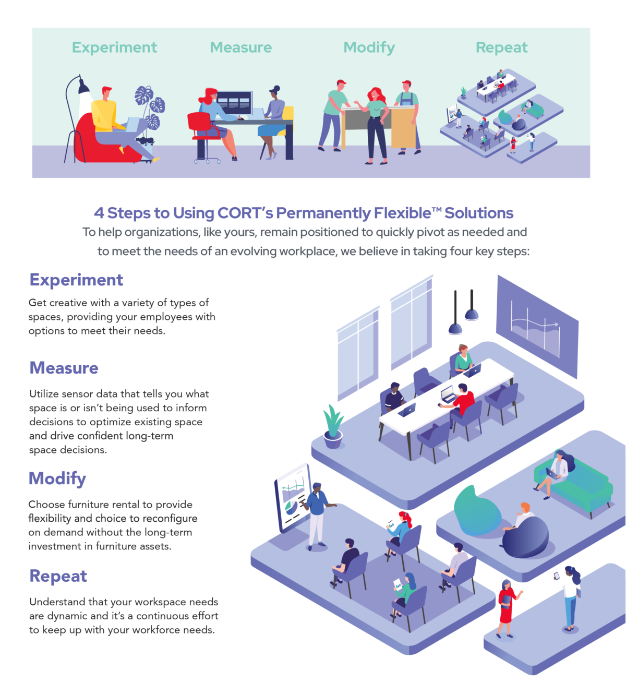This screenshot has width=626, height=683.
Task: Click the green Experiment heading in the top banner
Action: pos(114,47)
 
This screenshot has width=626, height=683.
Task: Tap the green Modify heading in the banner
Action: pos(369,47)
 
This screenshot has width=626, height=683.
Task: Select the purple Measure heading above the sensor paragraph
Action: pos(64,368)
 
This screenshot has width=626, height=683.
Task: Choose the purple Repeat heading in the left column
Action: pos(58,576)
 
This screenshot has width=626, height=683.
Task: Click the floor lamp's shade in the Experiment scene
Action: pos(84,87)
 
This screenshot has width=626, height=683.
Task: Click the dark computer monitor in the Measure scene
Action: pos(234,101)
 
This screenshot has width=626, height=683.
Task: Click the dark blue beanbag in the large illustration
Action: pos(525,537)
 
